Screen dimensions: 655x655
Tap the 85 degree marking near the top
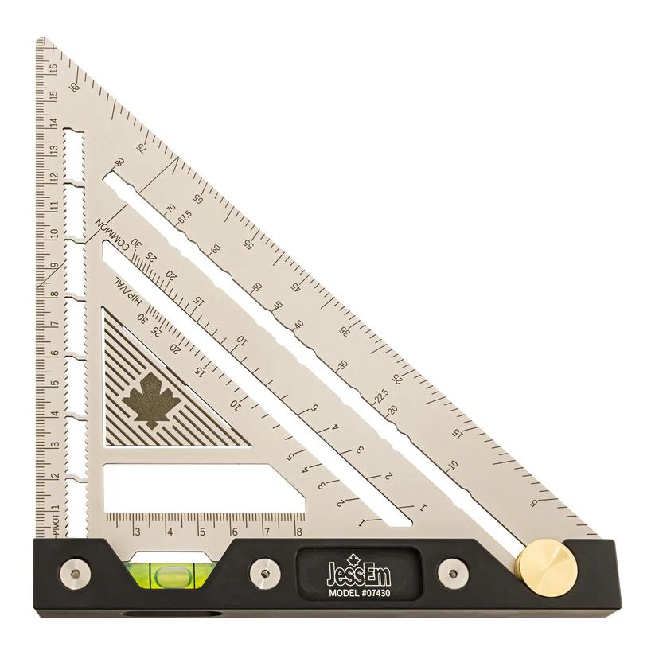[x=76, y=88]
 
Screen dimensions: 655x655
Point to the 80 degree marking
[x=120, y=162]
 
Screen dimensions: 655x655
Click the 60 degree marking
[x=215, y=249]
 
